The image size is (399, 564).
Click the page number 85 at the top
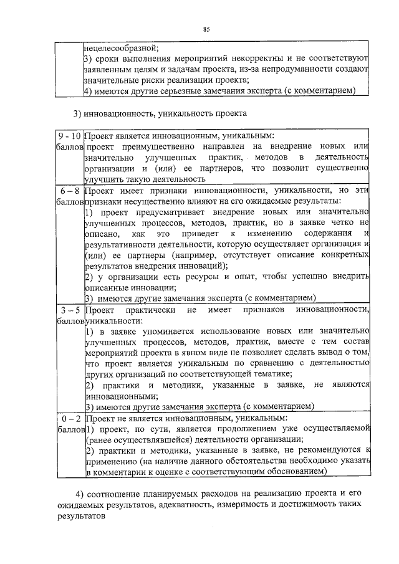pos(206,29)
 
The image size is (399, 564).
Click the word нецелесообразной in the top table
pos(121,47)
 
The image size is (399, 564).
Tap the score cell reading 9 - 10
pos(67,135)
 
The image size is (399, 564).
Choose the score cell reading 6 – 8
pos(67,190)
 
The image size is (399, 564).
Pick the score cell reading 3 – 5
pos(67,309)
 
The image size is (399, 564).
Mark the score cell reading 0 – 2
pos(67,418)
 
